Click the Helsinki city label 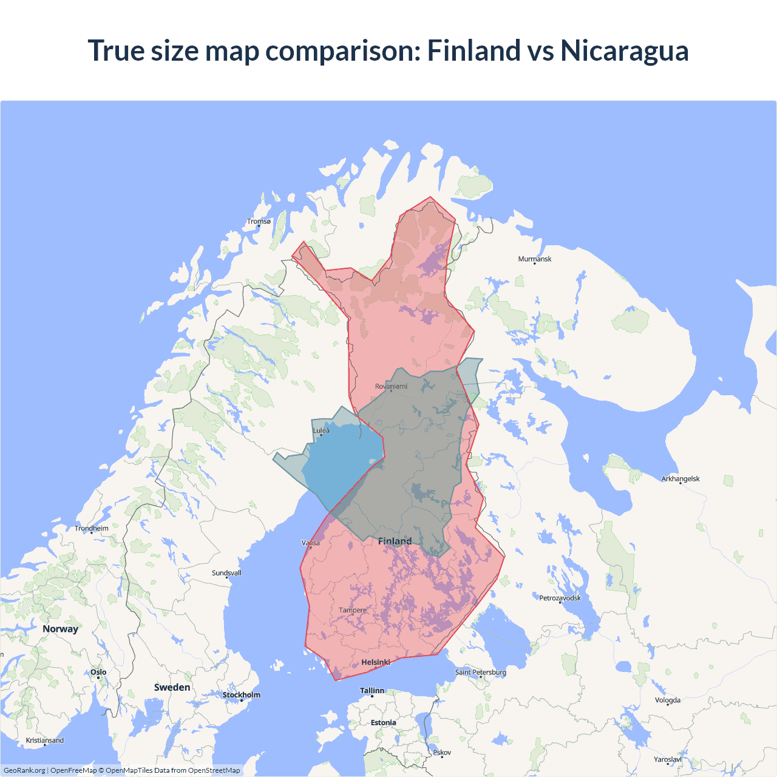tap(375, 662)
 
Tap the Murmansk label tap(535, 259)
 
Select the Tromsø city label tap(259, 222)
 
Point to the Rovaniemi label tap(391, 386)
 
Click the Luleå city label tap(321, 431)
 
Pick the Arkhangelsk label tap(680, 479)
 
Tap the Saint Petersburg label tap(481, 672)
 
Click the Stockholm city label tap(242, 695)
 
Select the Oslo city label tap(98, 672)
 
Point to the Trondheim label tap(92, 528)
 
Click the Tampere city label tap(353, 610)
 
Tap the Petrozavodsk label tap(560, 598)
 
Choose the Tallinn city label tap(372, 691)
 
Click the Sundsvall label tap(226, 573)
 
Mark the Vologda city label tap(668, 700)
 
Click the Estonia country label tap(384, 722)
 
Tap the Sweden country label tap(172, 687)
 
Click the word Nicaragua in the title tap(625, 50)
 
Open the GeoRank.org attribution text tap(24, 770)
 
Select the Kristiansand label tap(45, 741)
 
